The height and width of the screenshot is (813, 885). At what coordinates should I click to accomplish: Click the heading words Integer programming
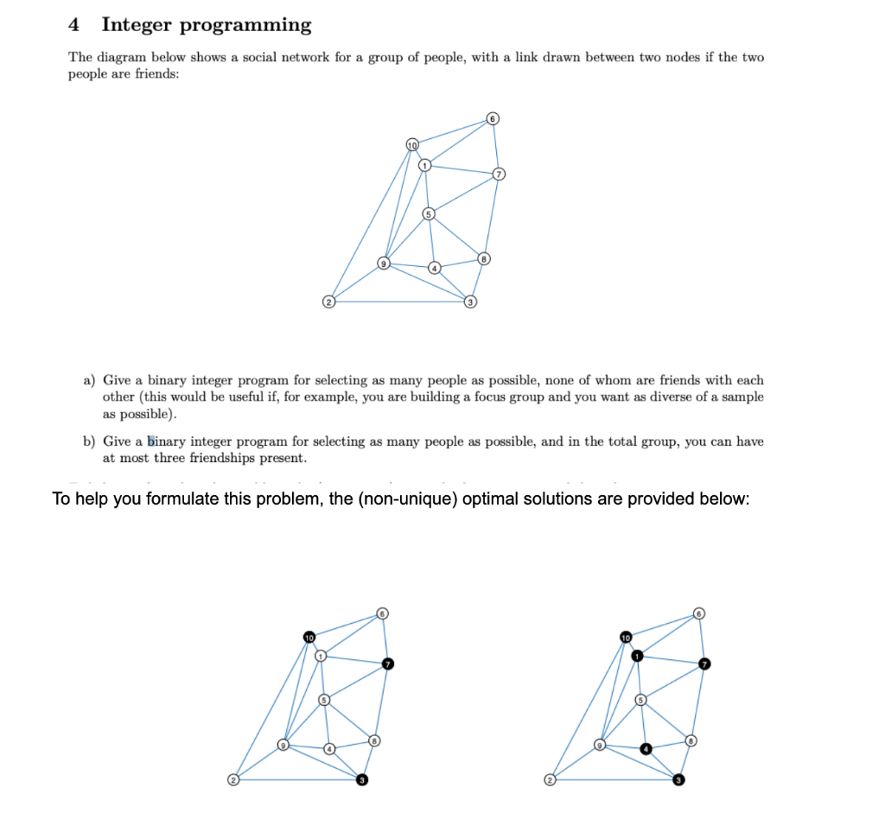point(206,25)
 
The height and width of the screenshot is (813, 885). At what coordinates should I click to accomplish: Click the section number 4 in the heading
point(75,25)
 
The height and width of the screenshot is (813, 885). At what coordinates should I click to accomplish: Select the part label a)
point(89,380)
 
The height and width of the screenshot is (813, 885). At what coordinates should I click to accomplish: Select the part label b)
point(89,441)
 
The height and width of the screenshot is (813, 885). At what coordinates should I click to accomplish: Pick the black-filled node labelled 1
point(637,657)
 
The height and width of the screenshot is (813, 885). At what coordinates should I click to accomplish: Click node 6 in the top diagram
point(493,118)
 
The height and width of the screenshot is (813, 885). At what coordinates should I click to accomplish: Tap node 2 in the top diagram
point(328,302)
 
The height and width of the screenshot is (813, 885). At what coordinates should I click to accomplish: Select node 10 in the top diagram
point(412,143)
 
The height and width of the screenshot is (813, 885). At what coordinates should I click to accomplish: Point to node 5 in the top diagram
point(427,213)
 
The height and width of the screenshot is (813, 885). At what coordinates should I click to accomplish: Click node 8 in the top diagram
point(485,258)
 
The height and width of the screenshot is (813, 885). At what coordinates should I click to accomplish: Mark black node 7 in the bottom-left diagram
point(388,664)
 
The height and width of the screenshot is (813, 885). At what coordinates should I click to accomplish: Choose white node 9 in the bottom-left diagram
point(282,744)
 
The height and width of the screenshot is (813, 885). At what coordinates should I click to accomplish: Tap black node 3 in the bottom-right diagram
point(679,779)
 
